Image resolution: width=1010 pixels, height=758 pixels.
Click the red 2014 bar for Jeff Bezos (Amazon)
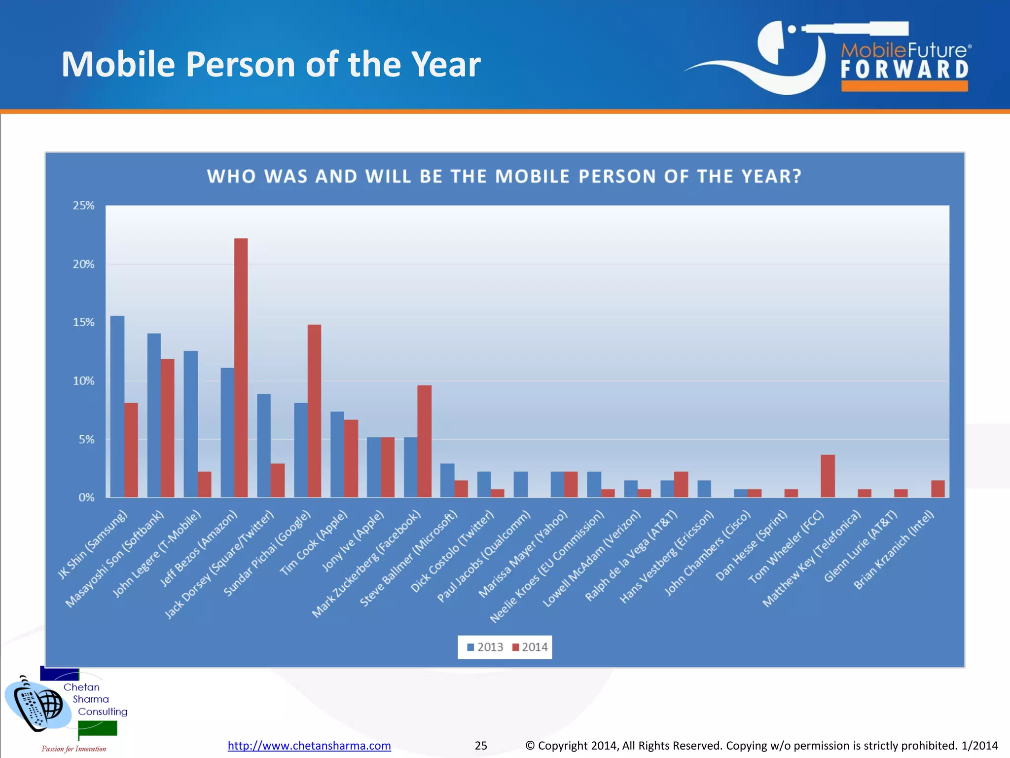coord(241,368)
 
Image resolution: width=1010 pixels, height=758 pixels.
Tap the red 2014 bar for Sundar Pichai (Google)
coord(314,411)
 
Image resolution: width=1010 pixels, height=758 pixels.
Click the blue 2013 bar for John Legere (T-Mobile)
coord(190,424)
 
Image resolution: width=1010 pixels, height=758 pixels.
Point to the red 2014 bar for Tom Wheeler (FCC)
coord(828,476)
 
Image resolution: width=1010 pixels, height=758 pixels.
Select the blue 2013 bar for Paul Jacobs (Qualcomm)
coord(520,484)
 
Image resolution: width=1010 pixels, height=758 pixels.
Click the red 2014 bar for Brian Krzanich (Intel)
coord(938,489)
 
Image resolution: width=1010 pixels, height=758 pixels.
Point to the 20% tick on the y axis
coord(83,264)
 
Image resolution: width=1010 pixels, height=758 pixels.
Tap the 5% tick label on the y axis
coord(86,439)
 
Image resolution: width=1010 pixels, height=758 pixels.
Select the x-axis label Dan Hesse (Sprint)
coord(751,545)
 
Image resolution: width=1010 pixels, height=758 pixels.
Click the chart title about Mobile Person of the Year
coord(504,176)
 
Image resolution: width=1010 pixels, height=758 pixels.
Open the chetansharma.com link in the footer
coord(309,745)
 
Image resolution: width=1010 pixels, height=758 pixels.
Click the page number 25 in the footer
coord(481,745)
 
